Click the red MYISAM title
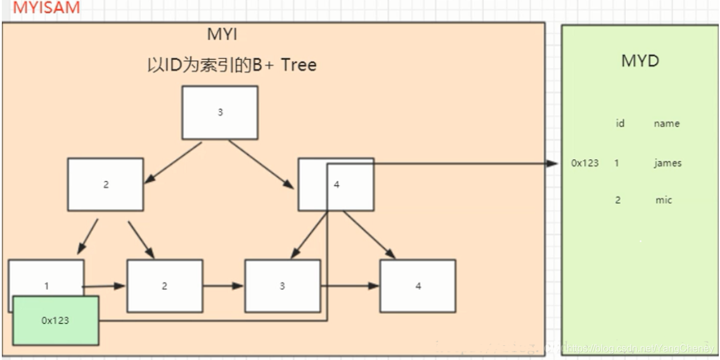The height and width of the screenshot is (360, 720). [x=41, y=9]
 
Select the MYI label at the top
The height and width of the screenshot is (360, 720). [x=223, y=35]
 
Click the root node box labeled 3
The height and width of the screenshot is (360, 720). [x=220, y=113]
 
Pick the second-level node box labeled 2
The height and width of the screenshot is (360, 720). [x=105, y=184]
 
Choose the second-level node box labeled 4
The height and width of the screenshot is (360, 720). [x=336, y=184]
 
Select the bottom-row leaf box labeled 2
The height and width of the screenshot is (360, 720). [x=164, y=286]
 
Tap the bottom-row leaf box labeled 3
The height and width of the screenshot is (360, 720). [x=282, y=286]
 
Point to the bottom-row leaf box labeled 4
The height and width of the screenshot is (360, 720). [x=418, y=286]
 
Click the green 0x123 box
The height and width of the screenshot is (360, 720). [x=56, y=320]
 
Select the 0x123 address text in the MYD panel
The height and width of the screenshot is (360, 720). [x=585, y=164]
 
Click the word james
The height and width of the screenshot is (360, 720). [x=668, y=164]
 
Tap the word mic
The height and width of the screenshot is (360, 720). [x=663, y=200]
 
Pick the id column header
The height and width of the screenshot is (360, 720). [x=620, y=124]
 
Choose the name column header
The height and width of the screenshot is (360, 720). [x=667, y=124]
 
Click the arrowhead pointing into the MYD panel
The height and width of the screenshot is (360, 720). [x=552, y=164]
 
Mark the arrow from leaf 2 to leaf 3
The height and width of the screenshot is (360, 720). [x=223, y=286]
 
